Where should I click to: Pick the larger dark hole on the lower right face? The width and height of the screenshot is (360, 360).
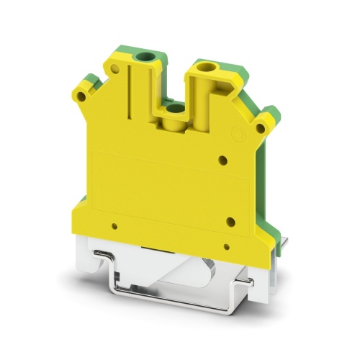click(230, 222)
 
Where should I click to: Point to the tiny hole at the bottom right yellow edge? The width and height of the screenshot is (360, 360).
click(226, 247)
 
